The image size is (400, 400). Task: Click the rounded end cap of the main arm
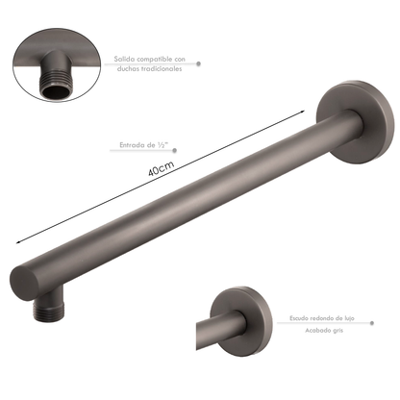pyautogui.click(x=31, y=281)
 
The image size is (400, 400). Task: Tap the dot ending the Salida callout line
pyautogui.click(x=200, y=63)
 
